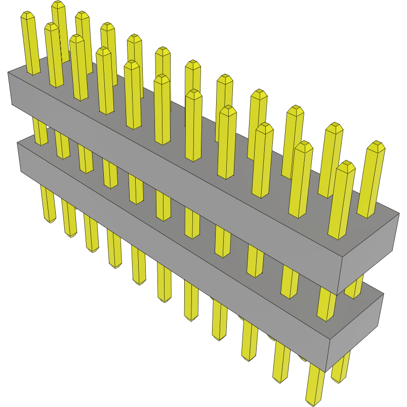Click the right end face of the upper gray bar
369,253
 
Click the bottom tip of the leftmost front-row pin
50,221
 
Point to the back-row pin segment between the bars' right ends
354,287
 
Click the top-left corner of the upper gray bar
8,73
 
